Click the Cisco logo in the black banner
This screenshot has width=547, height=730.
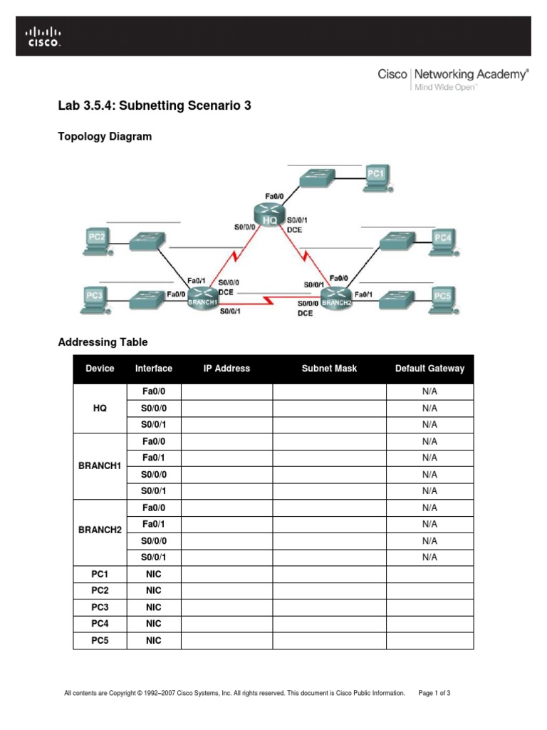(44, 37)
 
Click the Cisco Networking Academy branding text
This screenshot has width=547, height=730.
(453, 78)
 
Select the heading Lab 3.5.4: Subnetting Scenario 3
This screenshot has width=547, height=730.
(155, 106)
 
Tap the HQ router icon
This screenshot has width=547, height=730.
(269, 215)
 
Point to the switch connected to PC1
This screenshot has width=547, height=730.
(320, 178)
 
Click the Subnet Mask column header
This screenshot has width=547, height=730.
(329, 369)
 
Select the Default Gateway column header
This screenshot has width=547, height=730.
(429, 369)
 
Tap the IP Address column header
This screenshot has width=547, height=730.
(226, 369)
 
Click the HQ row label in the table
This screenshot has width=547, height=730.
(100, 408)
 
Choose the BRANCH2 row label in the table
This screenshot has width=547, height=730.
(100, 532)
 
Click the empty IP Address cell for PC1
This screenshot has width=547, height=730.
(226, 574)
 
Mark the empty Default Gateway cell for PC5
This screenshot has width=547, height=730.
(429, 641)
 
